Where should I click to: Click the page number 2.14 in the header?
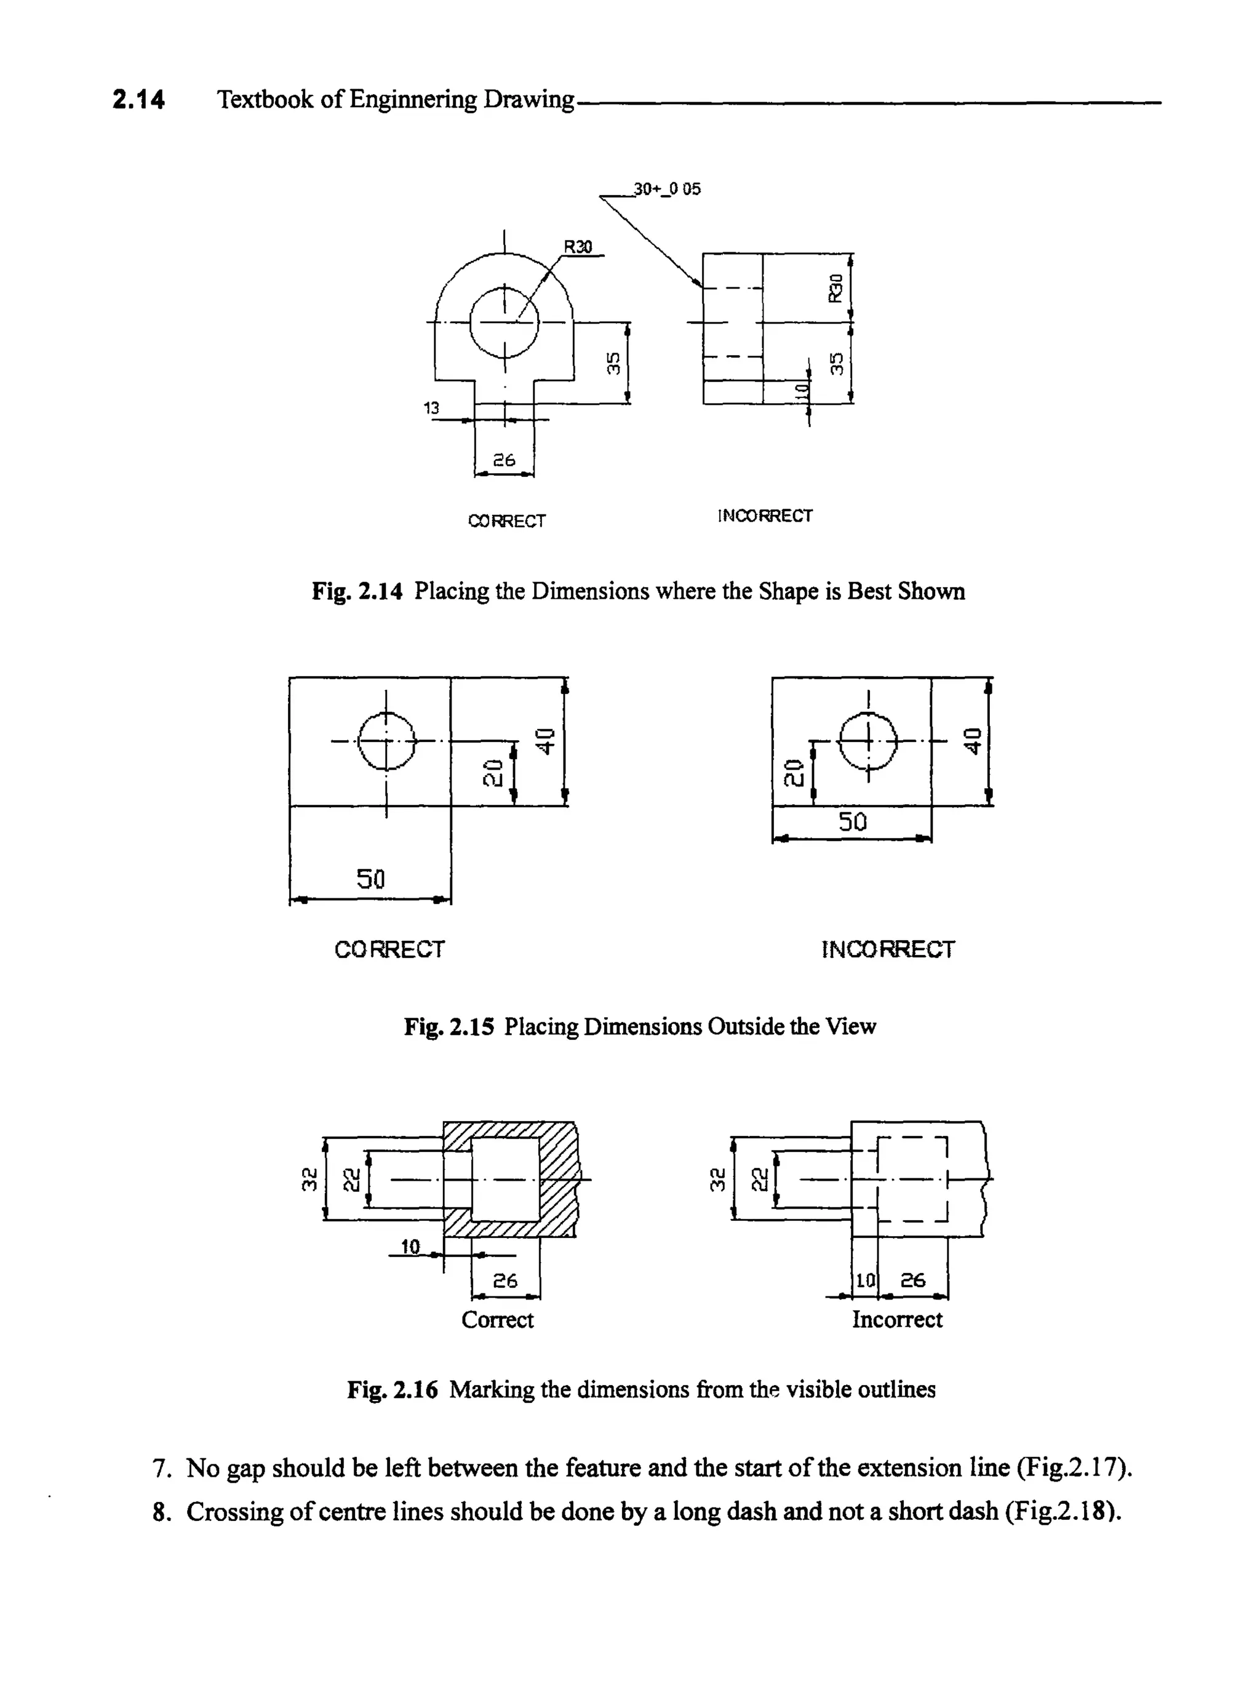pyautogui.click(x=138, y=100)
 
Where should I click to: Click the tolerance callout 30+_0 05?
pyautogui.click(x=666, y=188)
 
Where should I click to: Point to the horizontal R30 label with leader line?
pyautogui.click(x=578, y=246)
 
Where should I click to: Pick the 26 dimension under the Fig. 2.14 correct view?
pyautogui.click(x=504, y=460)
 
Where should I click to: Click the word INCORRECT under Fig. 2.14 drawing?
pyautogui.click(x=765, y=516)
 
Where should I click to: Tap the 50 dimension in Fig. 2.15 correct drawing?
pyautogui.click(x=371, y=879)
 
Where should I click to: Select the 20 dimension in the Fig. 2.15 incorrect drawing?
pyautogui.click(x=792, y=772)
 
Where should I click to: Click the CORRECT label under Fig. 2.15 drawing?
pyautogui.click(x=389, y=949)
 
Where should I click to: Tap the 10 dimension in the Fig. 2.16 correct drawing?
pyautogui.click(x=410, y=1247)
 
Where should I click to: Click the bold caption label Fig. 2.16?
pyautogui.click(x=392, y=1389)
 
